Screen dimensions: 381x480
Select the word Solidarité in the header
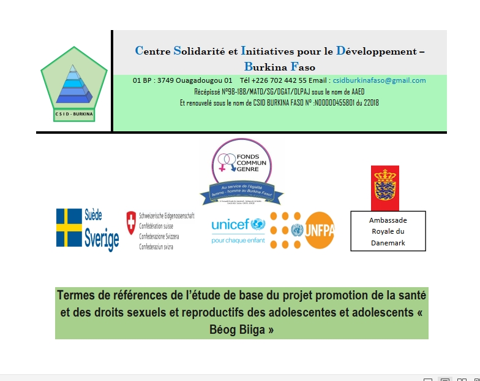[200, 52]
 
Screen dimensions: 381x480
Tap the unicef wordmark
[230, 225]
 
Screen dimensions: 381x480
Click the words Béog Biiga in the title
[242, 329]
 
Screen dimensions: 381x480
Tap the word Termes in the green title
[76, 296]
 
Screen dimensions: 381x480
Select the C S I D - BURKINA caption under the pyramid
[73, 114]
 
